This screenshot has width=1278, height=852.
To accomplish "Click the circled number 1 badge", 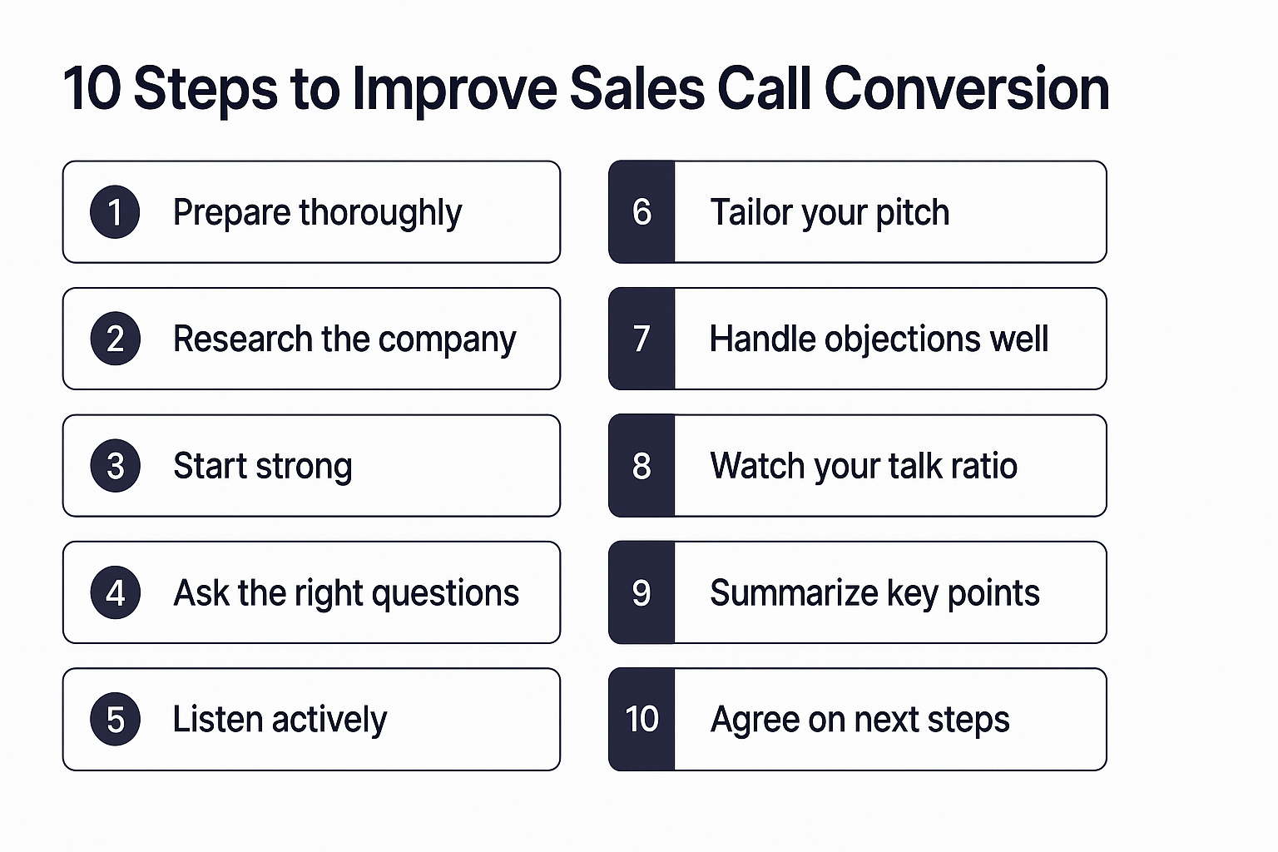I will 115,212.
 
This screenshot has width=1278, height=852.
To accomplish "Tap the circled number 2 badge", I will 115,339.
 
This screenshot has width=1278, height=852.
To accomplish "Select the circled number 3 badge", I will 115,466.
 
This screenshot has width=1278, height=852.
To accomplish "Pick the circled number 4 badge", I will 115,592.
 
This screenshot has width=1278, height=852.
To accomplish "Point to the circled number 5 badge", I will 115,719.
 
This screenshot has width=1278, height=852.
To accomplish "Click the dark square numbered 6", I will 641,212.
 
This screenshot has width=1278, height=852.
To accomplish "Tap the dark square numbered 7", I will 641,339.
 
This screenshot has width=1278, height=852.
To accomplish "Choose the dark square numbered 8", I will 641,466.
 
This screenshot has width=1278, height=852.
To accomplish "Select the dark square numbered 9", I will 641,592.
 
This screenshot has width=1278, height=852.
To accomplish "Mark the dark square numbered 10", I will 641,719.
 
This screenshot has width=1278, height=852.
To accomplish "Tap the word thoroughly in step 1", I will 380,213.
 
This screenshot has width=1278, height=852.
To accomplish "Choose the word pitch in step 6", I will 912,213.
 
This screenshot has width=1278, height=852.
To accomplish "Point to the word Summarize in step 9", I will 794,593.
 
